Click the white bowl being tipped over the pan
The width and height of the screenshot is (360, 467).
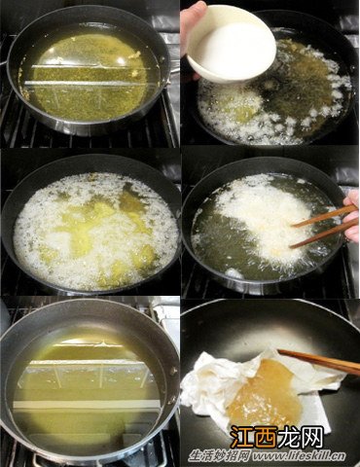pyautogui.click(x=232, y=44)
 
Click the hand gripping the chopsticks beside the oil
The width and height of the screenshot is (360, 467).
pyautogui.click(x=351, y=215)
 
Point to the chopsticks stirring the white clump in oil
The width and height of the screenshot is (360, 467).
pyautogui.click(x=324, y=227)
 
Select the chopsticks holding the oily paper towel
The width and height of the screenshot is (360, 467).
pyautogui.click(x=319, y=361)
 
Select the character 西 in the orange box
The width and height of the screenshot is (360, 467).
pyautogui.click(x=266, y=437)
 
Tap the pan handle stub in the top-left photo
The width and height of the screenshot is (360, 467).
pyautogui.click(x=3, y=62)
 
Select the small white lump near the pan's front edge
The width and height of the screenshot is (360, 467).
pyautogui.click(x=234, y=273)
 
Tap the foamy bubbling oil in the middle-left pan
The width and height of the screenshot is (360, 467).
pyautogui.click(x=95, y=231)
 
